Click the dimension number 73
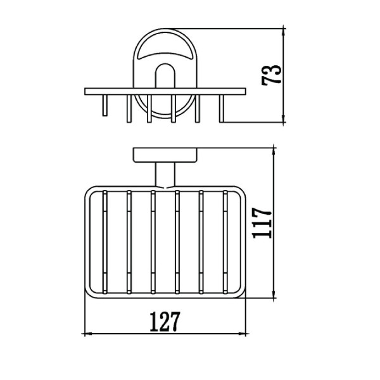(x=272, y=75)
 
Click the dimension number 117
(x=262, y=223)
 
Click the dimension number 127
(x=165, y=322)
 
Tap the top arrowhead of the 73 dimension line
(x=284, y=32)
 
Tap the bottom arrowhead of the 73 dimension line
(x=284, y=119)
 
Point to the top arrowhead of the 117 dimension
(x=274, y=151)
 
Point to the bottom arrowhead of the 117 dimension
(x=274, y=294)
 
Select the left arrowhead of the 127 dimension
(x=88, y=334)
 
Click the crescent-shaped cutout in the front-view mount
(x=165, y=56)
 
